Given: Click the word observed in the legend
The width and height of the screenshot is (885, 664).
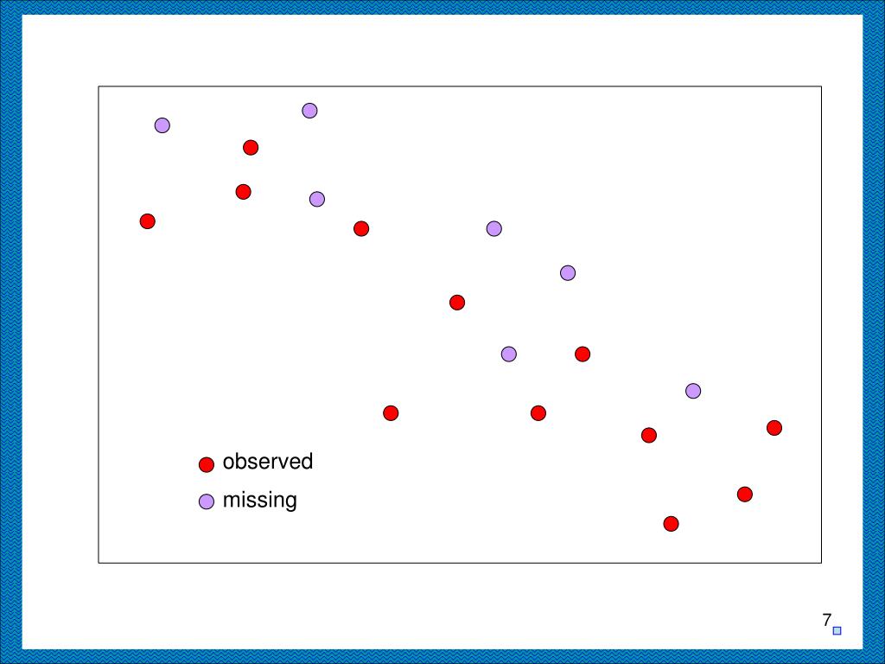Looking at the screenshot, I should click(x=267, y=462).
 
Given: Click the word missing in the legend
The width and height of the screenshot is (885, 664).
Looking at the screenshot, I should click(x=259, y=500).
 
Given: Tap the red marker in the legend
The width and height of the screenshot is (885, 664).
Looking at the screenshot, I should click(x=207, y=465).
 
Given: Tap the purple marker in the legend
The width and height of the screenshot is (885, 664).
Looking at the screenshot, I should click(x=207, y=501).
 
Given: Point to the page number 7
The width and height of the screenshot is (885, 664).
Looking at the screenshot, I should click(x=826, y=620).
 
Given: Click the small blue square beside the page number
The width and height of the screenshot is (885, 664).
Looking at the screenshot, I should click(x=837, y=631).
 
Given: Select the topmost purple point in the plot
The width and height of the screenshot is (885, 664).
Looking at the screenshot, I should click(x=309, y=111).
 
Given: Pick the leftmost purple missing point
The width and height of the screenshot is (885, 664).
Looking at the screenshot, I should click(x=162, y=125).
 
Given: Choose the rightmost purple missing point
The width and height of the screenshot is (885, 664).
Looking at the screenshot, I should click(x=693, y=391).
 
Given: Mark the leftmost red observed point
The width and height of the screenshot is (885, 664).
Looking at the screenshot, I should click(x=148, y=221).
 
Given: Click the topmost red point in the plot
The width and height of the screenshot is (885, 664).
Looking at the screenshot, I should click(x=251, y=148).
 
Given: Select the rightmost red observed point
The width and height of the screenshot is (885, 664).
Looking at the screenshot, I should click(x=774, y=428).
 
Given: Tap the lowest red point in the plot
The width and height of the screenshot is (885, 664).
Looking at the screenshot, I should click(x=671, y=524).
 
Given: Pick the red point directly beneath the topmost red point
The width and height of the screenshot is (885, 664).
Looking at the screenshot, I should click(x=244, y=192).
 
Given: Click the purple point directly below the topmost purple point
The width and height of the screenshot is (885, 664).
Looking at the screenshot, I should click(x=317, y=199).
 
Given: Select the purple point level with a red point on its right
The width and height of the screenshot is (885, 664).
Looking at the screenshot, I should click(x=509, y=354).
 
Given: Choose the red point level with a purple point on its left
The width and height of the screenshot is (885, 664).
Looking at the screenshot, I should click(x=583, y=354).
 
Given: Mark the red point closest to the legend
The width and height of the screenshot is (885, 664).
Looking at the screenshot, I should click(x=391, y=413).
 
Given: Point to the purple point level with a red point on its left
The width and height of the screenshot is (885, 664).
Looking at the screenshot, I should click(x=493, y=229).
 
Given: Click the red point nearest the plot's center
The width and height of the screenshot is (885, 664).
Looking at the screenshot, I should click(x=457, y=303).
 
